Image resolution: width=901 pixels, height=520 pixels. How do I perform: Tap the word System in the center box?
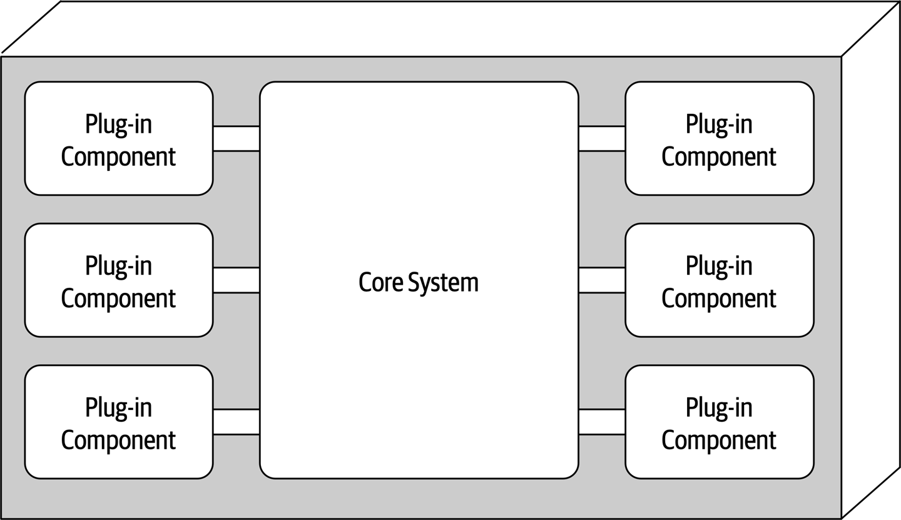(443, 283)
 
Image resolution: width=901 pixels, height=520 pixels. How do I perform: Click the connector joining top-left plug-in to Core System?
(236, 138)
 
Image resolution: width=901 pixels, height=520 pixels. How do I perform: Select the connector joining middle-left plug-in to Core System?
(236, 280)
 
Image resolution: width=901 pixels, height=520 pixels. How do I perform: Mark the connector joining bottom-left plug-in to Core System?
(236, 422)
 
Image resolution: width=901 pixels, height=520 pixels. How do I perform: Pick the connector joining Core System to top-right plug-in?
(601, 138)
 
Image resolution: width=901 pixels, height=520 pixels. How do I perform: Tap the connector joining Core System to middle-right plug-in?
(601, 280)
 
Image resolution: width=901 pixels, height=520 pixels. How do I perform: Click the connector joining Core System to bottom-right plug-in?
(601, 422)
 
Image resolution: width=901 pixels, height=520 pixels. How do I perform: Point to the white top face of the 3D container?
(450, 28)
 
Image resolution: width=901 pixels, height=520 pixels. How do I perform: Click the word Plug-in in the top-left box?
(118, 125)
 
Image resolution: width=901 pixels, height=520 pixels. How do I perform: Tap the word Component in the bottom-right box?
(719, 440)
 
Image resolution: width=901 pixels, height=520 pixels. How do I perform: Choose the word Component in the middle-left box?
(118, 298)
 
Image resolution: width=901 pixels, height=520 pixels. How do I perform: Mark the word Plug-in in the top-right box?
(719, 125)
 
